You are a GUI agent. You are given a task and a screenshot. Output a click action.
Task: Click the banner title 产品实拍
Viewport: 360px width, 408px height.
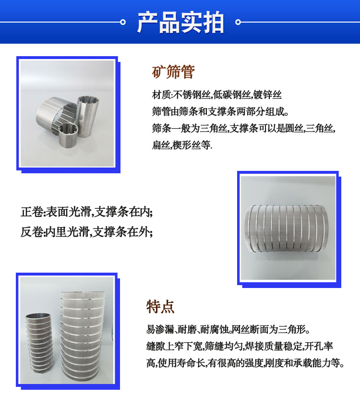tap(180, 23)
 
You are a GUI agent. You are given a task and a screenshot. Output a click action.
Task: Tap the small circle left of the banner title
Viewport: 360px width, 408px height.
tap(123, 22)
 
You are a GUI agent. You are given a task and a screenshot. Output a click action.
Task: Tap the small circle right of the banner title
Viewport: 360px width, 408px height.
tap(238, 22)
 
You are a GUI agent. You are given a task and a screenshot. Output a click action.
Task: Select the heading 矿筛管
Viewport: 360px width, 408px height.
tap(173, 72)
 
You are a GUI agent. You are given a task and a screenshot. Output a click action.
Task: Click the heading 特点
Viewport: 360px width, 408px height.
tap(160, 307)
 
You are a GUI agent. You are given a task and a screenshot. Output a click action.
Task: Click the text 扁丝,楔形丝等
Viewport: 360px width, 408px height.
tap(182, 145)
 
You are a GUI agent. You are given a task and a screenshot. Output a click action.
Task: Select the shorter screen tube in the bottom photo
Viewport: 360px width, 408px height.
tap(39, 344)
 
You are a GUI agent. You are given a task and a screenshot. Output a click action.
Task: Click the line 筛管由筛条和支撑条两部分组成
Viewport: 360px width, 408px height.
tap(220, 112)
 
